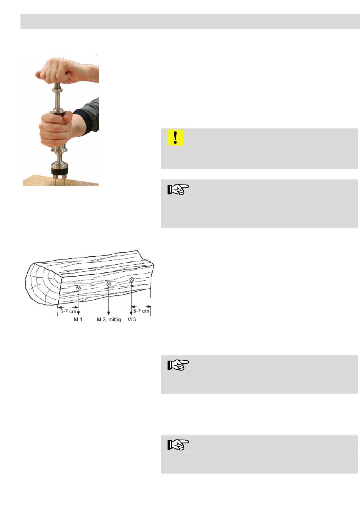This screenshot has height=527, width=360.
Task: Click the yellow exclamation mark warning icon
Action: [x=175, y=138]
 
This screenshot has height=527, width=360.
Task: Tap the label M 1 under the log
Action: [x=78, y=319]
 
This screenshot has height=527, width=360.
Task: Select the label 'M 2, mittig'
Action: [x=109, y=319]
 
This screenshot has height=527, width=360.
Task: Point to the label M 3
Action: [x=131, y=319]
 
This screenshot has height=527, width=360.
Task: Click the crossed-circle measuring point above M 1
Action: [x=78, y=288]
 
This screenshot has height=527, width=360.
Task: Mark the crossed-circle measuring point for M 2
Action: [x=108, y=284]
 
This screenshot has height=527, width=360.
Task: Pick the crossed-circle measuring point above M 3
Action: [x=131, y=280]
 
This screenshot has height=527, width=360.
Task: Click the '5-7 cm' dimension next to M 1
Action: [x=68, y=311]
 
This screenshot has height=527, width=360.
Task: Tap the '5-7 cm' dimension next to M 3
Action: [x=141, y=311]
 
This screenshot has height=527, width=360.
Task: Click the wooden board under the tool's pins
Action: [x=61, y=181]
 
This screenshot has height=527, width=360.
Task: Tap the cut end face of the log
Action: [x=42, y=283]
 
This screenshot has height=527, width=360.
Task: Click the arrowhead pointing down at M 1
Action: [x=78, y=313]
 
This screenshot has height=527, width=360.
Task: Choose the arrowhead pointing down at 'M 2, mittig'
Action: [x=108, y=313]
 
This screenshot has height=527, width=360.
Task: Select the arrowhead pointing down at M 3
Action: [x=131, y=313]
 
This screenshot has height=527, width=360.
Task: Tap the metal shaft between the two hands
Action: [x=58, y=98]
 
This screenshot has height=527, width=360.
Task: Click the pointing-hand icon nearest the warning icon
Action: [x=178, y=189]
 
